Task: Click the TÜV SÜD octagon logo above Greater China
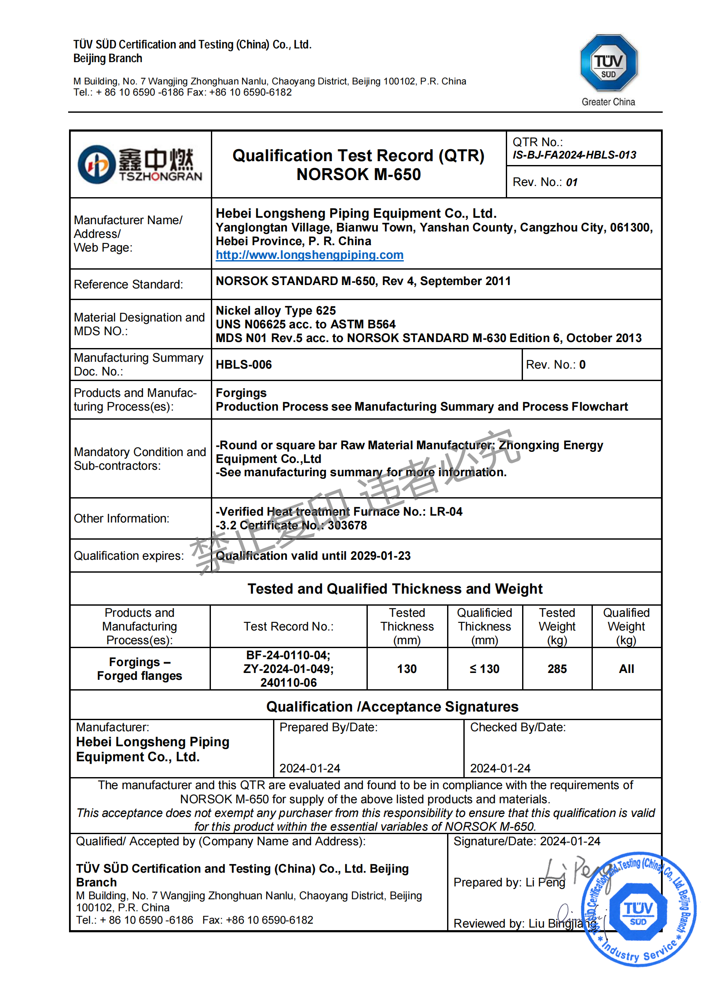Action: [608, 63]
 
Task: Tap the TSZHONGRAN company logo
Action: [140, 165]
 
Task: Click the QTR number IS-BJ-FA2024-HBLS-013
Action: [574, 155]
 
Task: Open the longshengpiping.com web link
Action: [309, 255]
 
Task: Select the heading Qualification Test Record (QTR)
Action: [358, 156]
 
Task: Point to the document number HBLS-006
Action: [244, 365]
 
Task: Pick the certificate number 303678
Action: [347, 526]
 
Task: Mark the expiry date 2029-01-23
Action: [380, 556]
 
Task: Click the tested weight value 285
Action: [557, 669]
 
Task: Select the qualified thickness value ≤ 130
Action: [484, 669]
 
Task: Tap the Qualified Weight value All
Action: [626, 669]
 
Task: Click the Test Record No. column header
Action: [288, 627]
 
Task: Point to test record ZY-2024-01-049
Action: [288, 669]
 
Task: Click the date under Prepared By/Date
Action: [310, 769]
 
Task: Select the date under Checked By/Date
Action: [500, 769]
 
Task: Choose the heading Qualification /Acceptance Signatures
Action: [392, 707]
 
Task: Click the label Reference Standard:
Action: [129, 285]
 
